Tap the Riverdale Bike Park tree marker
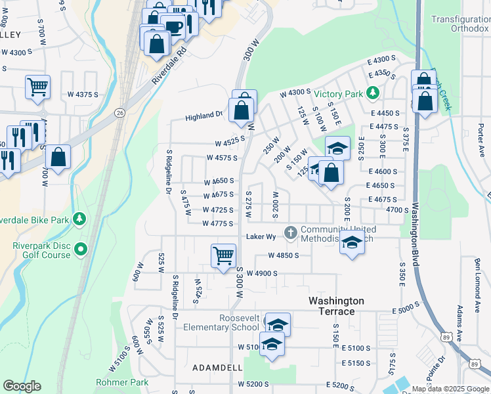pos(79,218)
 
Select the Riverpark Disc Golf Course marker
pos(81,249)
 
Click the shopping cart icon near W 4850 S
pos(224,255)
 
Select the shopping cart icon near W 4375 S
pos(38,87)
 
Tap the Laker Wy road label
pos(259,236)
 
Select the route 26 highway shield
pos(119,112)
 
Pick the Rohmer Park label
pos(121,382)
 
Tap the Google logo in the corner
pos(22,386)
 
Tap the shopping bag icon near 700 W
pos(58,158)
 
